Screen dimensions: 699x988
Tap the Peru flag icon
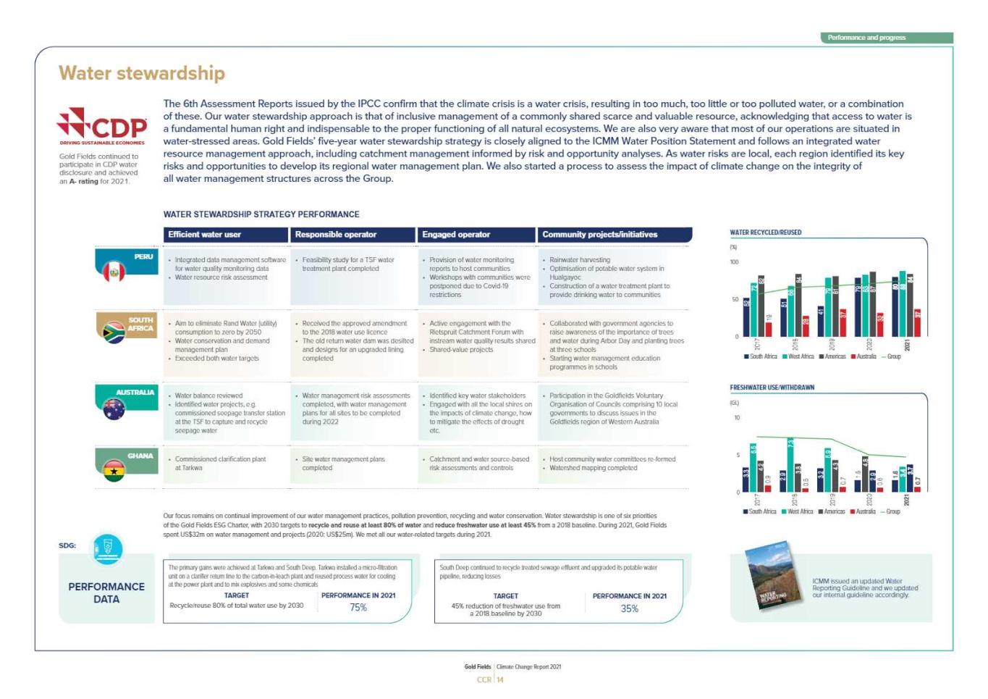[114, 272]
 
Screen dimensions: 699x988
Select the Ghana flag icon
[114, 471]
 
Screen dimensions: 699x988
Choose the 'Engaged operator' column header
[476, 235]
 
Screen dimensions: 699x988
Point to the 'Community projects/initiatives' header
[614, 235]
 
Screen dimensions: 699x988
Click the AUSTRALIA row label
[135, 393]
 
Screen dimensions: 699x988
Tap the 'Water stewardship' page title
[142, 73]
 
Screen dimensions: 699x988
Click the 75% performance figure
[358, 608]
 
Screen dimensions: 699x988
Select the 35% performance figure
[629, 608]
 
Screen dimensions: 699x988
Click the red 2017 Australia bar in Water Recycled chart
[769, 329]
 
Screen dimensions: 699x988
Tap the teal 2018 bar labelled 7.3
[790, 464]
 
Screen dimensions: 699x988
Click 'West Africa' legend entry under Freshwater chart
[798, 511]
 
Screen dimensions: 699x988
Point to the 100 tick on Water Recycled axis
[735, 262]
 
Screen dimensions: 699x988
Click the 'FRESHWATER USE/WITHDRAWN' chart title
[772, 388]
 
